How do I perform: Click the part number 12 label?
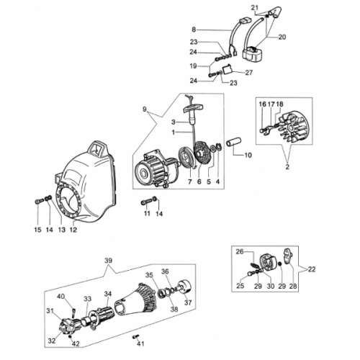pyautogui.click(x=73, y=230)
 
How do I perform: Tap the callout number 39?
pyautogui.click(x=109, y=261)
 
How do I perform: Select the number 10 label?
pyautogui.click(x=248, y=156)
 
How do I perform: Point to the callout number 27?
pyautogui.click(x=249, y=72)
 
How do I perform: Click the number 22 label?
pyautogui.click(x=312, y=269)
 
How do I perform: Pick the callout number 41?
pyautogui.click(x=140, y=343)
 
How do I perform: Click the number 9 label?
pyautogui.click(x=144, y=109)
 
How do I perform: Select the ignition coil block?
pyautogui.click(x=254, y=55)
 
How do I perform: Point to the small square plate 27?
pyautogui.click(x=227, y=70)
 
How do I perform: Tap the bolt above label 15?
pyautogui.click(x=40, y=201)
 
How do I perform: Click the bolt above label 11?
pyautogui.click(x=145, y=202)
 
